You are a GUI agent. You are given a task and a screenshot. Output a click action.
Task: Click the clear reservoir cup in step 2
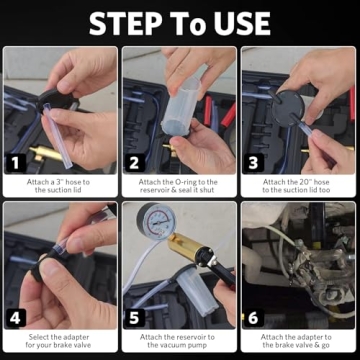(x=187, y=95)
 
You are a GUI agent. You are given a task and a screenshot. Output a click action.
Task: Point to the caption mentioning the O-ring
(x=180, y=186)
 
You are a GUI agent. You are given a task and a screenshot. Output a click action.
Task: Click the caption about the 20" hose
(x=298, y=186)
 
